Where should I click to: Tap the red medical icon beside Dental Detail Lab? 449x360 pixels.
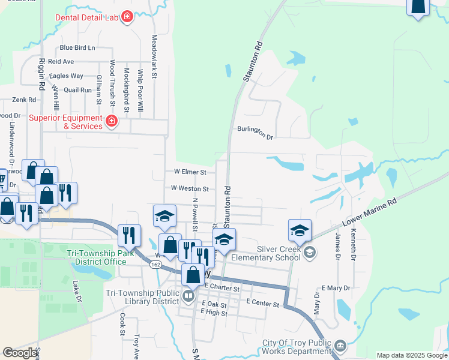coord(127,17)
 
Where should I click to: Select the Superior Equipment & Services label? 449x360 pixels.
coord(66,122)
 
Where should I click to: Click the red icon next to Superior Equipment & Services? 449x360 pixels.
coord(112,122)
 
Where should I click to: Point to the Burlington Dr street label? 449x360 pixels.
coord(255,133)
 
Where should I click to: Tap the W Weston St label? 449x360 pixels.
coord(189,188)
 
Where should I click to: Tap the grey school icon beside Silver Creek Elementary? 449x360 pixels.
coord(309,251)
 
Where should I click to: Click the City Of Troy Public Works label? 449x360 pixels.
coord(297,347)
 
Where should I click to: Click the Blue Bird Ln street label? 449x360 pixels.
coord(77,47)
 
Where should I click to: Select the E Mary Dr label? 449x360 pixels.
coord(336,288)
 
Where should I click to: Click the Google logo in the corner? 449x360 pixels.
coord(20,353)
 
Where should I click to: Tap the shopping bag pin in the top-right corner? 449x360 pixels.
coord(418,7)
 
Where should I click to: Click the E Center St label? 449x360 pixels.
coord(263,305)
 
